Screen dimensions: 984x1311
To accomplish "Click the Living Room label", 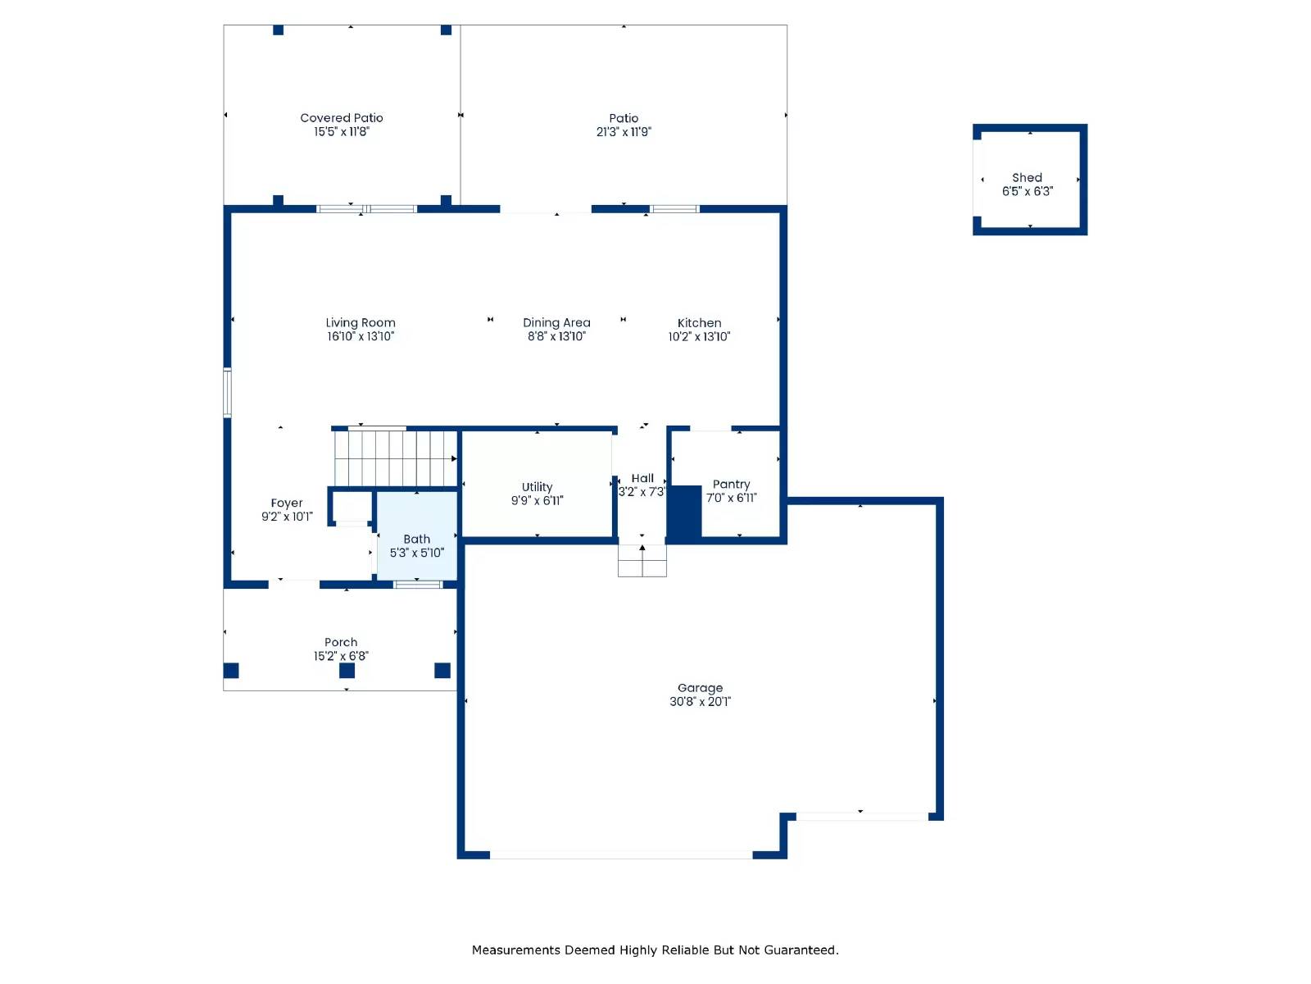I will pos(361,323).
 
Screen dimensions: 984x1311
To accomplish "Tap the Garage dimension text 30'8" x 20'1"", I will pos(700,702).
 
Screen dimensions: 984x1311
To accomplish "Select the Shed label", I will pos(1027,178).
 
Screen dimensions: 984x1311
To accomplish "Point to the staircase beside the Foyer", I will pos(394,458).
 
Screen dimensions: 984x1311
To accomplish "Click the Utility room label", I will pos(537,487).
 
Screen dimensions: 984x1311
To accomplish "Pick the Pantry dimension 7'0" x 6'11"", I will pos(731,498).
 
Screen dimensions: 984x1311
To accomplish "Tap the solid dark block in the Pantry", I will pos(684,512).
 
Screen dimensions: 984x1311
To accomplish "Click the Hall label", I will pos(642,479).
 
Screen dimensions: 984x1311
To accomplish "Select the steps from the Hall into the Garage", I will pos(642,562).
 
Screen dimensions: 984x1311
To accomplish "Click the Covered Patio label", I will pos(342,118).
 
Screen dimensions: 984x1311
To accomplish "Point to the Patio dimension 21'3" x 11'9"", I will pos(624,132).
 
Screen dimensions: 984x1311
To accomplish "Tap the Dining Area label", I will pos(556,323).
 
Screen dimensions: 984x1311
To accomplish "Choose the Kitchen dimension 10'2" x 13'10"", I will pos(699,336).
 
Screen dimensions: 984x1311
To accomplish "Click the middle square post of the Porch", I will pos(347,671).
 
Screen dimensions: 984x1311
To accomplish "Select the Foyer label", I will pos(287,503).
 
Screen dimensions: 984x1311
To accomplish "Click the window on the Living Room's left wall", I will pos(228,393).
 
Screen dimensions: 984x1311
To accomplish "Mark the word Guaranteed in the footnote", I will pos(801,950).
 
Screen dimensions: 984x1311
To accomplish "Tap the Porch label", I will pos(341,643).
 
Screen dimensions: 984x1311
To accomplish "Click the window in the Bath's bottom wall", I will pos(418,585).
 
